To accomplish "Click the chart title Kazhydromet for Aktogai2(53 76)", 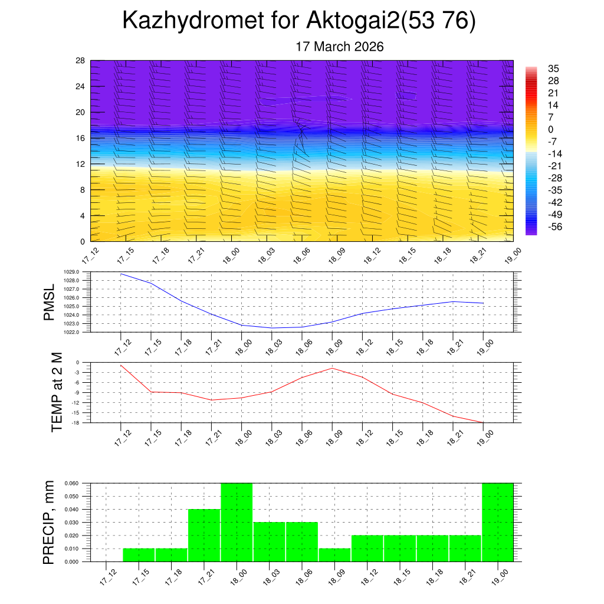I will [298, 21].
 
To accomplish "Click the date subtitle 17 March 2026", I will [339, 47].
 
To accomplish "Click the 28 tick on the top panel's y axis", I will [81, 61].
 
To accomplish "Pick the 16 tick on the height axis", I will [81, 138].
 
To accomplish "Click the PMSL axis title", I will [50, 302].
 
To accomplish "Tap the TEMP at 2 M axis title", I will [57, 392].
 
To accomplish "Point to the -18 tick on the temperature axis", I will [75, 423].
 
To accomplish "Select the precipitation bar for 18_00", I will [237, 522].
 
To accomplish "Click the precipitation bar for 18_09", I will [334, 555].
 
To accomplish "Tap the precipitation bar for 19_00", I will [497, 522].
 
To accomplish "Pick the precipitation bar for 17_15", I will [139, 555].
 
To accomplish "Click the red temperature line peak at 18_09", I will [332, 368].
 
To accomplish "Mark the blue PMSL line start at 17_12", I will [121, 274].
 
